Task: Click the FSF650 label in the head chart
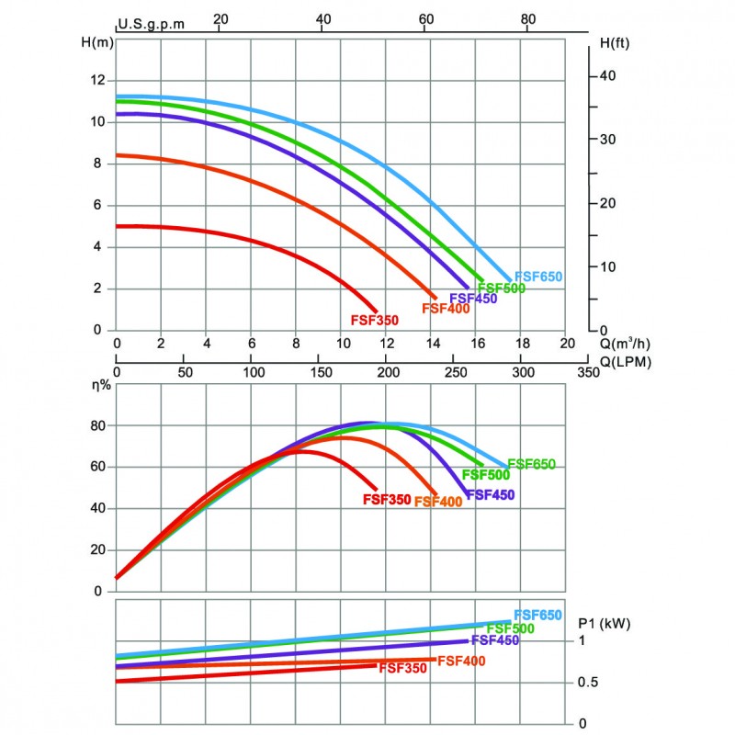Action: pyautogui.click(x=538, y=276)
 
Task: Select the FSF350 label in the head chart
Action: pyautogui.click(x=375, y=321)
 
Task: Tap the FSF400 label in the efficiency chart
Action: pyautogui.click(x=438, y=502)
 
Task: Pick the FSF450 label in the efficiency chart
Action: pyautogui.click(x=490, y=494)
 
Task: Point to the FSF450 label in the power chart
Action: pyautogui.click(x=494, y=640)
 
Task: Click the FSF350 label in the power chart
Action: pyautogui.click(x=402, y=668)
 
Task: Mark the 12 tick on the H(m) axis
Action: pyautogui.click(x=97, y=80)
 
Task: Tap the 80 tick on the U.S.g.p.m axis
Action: pyautogui.click(x=527, y=18)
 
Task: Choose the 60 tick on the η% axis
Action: pyautogui.click(x=98, y=467)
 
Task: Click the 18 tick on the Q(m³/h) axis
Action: pyautogui.click(x=522, y=344)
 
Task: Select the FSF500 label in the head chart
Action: pyautogui.click(x=501, y=288)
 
